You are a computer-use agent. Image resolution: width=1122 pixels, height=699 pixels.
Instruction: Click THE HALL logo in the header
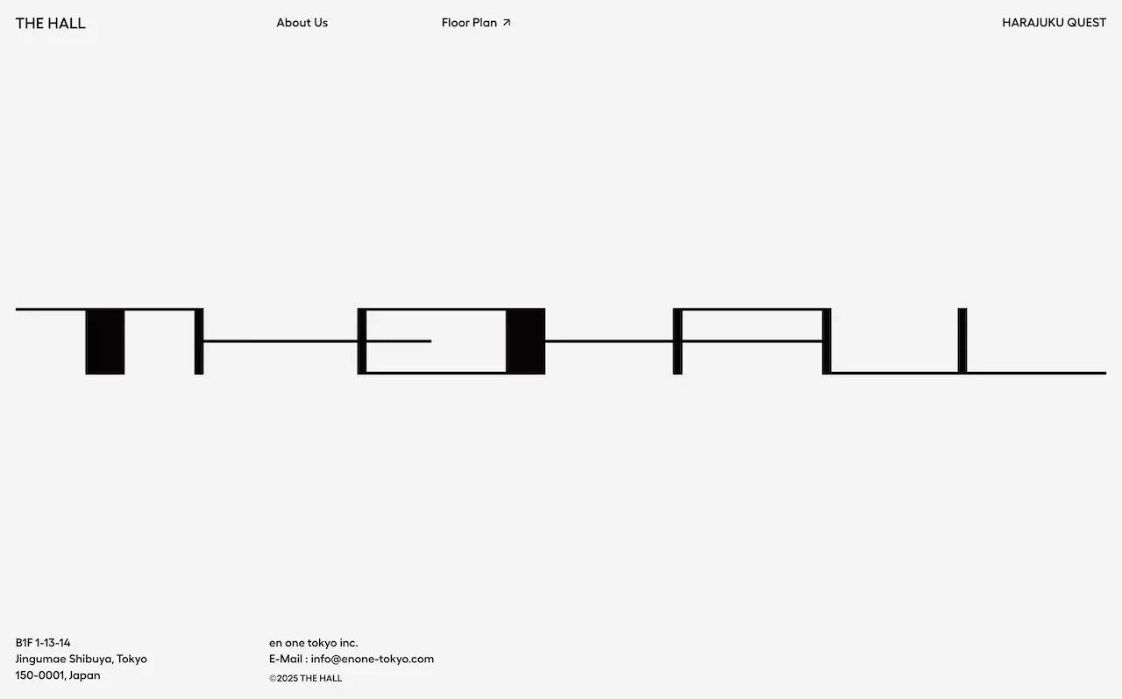click(51, 24)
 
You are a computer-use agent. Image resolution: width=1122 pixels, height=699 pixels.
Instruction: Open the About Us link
click(302, 23)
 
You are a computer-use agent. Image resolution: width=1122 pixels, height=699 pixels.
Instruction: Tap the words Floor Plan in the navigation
click(469, 23)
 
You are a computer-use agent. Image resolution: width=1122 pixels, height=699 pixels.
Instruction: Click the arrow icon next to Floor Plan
click(507, 23)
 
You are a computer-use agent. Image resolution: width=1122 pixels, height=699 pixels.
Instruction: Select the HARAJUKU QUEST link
click(1054, 23)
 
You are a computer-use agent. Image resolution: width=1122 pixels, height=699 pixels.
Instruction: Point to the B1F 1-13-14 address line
click(43, 642)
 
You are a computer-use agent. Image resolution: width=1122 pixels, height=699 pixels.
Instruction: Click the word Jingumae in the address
click(40, 659)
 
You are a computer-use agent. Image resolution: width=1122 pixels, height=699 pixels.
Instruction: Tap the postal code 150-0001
click(40, 675)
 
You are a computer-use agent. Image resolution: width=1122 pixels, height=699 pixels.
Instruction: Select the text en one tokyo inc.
click(314, 642)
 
